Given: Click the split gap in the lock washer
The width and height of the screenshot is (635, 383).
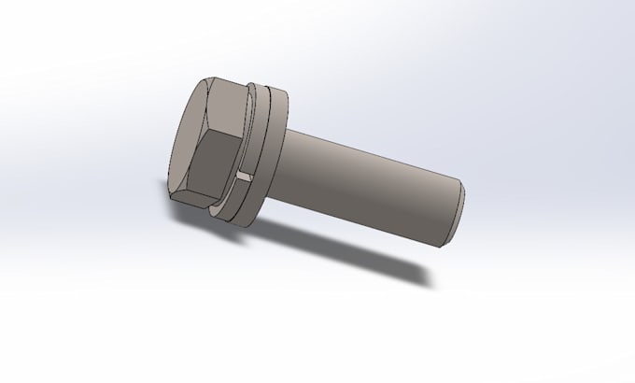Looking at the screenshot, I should tap(245, 176).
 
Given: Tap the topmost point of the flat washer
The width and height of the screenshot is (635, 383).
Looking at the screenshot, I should tap(272, 87).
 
